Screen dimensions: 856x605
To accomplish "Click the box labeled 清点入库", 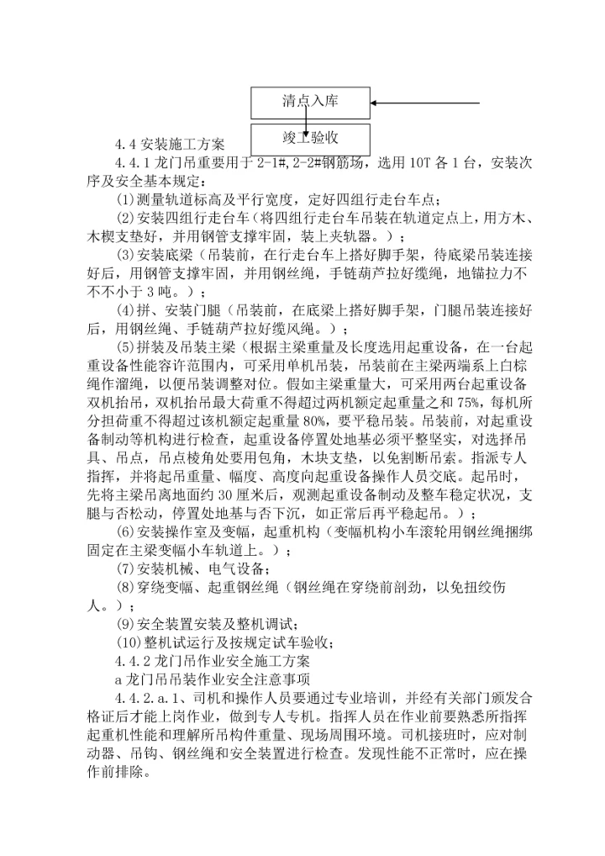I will pyautogui.click(x=310, y=103).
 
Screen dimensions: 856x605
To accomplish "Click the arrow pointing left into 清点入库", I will pyautogui.click(x=424, y=103).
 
